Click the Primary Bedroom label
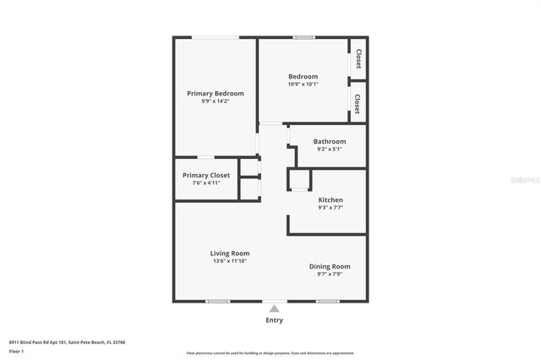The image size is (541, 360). click(216, 93)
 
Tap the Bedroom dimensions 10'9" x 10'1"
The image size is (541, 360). click(303, 84)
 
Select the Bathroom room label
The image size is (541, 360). click(329, 141)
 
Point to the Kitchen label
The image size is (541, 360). click(330, 199)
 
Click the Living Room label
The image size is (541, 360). click(230, 253)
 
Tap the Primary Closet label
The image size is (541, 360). click(206, 175)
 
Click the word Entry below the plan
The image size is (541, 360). click(275, 320)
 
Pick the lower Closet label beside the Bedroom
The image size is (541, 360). click(358, 103)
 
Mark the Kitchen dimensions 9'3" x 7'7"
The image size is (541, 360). click(331, 207)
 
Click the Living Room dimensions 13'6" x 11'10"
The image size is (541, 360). click(230, 261)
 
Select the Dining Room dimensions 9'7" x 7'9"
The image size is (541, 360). click(330, 274)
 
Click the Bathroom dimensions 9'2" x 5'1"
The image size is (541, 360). click(329, 149)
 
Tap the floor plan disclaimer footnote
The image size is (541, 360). click(270, 352)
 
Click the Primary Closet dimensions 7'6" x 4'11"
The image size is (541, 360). click(206, 183)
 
